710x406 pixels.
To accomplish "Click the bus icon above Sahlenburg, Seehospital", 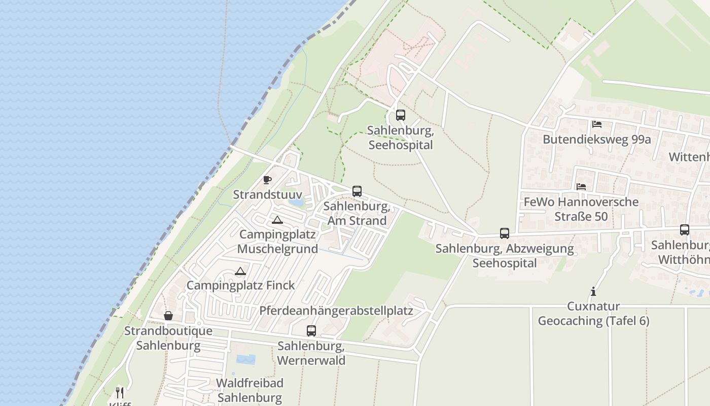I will tap(401, 115).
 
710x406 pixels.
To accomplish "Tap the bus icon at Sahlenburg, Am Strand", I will tap(357, 191).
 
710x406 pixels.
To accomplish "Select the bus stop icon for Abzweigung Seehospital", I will tap(504, 233).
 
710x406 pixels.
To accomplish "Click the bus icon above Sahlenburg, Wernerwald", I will tap(311, 331).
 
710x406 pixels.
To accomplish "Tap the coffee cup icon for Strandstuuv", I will tap(267, 180).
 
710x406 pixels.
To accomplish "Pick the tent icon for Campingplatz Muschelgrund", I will tap(277, 220).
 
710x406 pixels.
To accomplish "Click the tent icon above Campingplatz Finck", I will tap(240, 271).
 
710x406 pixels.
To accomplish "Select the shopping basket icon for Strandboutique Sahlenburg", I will tap(168, 316).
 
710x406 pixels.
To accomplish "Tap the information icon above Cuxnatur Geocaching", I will tap(593, 292).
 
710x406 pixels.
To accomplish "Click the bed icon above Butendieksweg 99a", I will tap(596, 124).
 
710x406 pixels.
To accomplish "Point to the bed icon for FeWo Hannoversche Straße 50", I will tap(581, 187).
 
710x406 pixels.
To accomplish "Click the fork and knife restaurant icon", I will tap(120, 392).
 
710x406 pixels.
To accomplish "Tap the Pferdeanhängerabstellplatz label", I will tap(336, 311).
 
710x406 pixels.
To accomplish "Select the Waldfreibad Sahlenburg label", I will tap(250, 390).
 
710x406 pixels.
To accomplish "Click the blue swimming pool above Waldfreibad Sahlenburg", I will tap(246, 359).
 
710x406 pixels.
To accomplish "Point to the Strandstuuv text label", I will tap(267, 194).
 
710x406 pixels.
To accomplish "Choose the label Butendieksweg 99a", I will tap(597, 139).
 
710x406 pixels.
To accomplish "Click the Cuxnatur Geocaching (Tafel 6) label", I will tap(593, 314).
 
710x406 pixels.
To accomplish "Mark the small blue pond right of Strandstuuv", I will tap(296, 202).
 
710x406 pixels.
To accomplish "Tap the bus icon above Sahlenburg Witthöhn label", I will tap(685, 230).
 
